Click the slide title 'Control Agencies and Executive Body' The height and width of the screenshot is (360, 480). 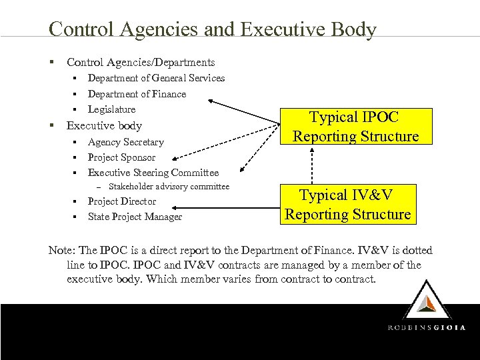tap(213, 30)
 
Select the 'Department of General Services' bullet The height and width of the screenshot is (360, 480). tap(156, 78)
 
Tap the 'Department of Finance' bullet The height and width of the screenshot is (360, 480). tap(137, 94)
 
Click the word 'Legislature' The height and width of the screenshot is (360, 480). tap(111, 109)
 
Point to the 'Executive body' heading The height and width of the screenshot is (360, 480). tap(104, 125)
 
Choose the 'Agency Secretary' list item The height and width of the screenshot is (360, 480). tap(125, 142)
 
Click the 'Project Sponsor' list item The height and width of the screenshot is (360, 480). tap(121, 157)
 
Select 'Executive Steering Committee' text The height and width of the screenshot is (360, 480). tap(153, 173)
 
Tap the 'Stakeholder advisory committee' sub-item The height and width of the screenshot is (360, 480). tap(169, 187)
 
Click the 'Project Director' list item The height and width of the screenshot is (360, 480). tap(121, 201)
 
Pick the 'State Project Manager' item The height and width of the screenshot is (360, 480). tap(135, 217)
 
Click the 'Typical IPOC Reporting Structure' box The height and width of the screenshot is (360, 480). tap(356, 127)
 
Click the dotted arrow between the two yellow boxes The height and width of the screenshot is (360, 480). tap(311, 166)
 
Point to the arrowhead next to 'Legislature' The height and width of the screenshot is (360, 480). tap(212, 101)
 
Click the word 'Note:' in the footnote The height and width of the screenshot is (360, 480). tap(62, 251)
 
